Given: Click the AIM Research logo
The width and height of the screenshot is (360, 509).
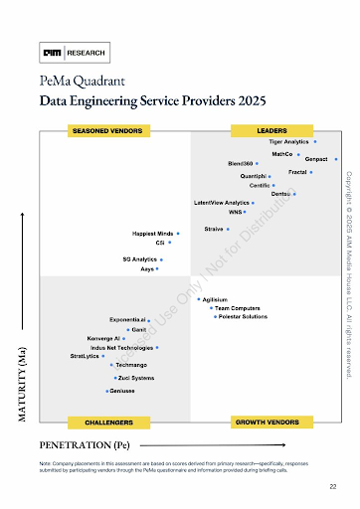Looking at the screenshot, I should (75, 53).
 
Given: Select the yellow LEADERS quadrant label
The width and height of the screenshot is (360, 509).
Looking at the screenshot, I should (271, 130).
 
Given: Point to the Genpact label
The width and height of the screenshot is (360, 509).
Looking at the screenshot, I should (316, 159).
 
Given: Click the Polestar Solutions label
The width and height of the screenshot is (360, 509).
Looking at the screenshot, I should (242, 316).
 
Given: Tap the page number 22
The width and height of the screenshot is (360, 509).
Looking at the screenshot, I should (332, 486).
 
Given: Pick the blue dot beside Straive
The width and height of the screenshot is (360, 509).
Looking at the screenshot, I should (228, 230).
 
